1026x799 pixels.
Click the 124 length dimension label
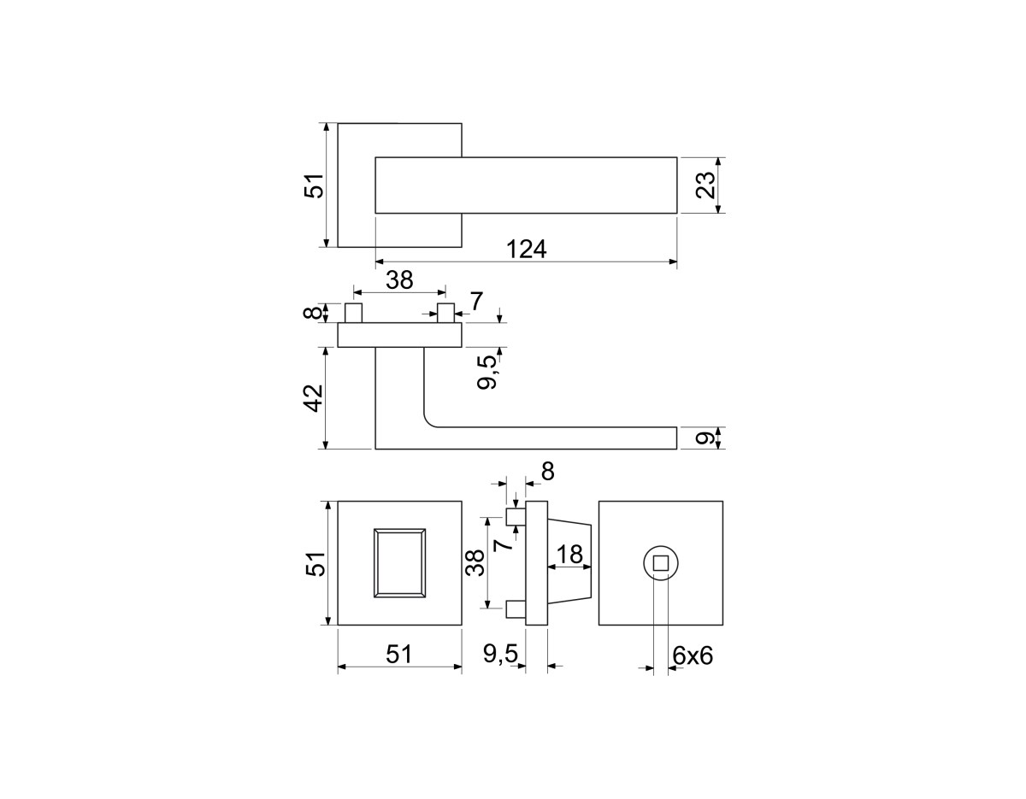click(526, 250)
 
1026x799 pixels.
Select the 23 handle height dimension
click(706, 185)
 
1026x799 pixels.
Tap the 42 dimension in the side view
click(315, 398)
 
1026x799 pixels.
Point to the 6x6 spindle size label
click(693, 655)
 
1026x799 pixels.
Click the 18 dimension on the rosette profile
click(570, 554)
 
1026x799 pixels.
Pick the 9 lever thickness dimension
click(705, 438)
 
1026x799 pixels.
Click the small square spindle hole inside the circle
click(661, 563)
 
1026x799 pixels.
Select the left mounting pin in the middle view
click(353, 314)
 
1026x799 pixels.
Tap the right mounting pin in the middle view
click(445, 314)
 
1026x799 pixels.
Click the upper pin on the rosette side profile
click(516, 517)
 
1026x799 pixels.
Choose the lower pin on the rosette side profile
click(516, 609)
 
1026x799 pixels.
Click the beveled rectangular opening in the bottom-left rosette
click(400, 563)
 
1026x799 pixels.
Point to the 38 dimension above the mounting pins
click(399, 279)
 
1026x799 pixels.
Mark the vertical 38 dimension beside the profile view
click(475, 563)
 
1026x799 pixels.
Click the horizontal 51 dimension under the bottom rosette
click(399, 654)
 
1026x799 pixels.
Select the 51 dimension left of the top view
click(315, 185)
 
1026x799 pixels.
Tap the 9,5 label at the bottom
click(500, 654)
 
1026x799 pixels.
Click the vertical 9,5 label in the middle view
click(487, 373)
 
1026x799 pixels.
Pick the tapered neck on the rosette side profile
click(569, 563)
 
